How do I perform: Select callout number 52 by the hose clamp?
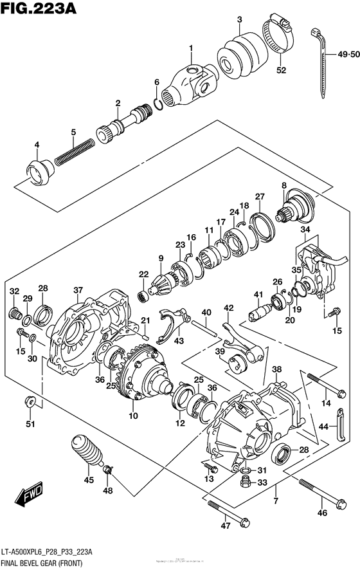(280, 71)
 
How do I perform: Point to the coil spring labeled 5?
(71, 152)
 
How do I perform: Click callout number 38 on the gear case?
(276, 370)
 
